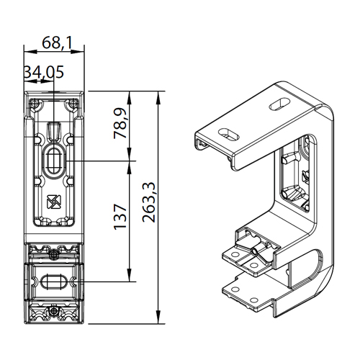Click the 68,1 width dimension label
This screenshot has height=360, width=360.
click(x=57, y=43)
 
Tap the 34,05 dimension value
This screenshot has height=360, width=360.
click(x=44, y=72)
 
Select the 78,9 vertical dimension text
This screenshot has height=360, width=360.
click(x=120, y=123)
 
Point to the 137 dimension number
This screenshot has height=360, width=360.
click(x=120, y=217)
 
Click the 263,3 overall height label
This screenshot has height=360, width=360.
click(x=149, y=202)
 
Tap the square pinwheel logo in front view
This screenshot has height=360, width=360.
click(x=54, y=202)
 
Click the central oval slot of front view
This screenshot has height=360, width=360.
click(x=54, y=161)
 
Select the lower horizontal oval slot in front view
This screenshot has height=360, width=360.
click(x=54, y=282)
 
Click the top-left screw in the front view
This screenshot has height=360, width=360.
click(x=35, y=104)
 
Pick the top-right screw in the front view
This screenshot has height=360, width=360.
click(x=73, y=104)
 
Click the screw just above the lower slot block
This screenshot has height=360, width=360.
click(x=54, y=255)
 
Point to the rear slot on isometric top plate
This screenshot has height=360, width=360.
click(x=280, y=104)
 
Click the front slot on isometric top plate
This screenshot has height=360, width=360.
click(x=228, y=135)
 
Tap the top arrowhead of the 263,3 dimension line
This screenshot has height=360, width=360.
click(x=158, y=97)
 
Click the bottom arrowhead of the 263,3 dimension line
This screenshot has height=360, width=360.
click(x=158, y=318)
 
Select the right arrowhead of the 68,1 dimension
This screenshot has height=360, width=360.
click(x=78, y=51)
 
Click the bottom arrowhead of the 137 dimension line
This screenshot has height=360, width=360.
click(x=129, y=275)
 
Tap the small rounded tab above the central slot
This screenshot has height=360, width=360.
click(x=54, y=132)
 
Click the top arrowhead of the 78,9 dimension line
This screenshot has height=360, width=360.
click(x=129, y=97)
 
